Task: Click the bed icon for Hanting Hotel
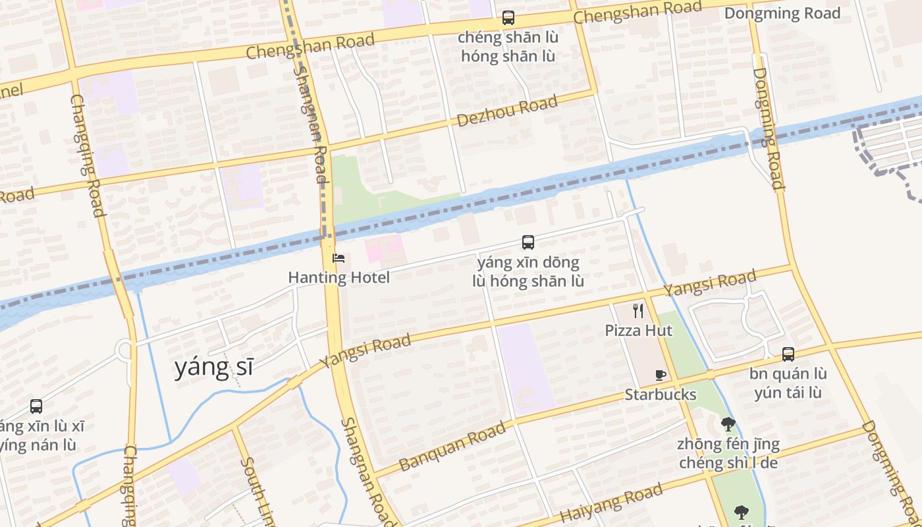click(338, 258)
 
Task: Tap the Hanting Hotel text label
click(339, 277)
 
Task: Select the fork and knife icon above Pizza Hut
click(637, 311)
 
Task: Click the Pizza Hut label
click(638, 330)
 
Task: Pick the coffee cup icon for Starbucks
click(661, 375)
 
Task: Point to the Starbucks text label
click(660, 394)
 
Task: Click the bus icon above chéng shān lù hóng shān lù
click(508, 18)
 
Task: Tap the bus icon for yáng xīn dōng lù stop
click(528, 242)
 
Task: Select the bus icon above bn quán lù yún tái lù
click(788, 354)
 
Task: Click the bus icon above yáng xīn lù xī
click(36, 406)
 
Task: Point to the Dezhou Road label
click(507, 111)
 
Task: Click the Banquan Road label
click(453, 446)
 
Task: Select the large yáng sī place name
click(213, 368)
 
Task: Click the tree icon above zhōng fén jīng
click(728, 424)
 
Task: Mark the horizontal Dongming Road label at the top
click(782, 13)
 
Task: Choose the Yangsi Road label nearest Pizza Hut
click(709, 283)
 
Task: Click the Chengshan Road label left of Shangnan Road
click(310, 46)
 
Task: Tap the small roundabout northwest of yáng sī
click(124, 350)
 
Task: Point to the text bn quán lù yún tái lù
click(788, 383)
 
